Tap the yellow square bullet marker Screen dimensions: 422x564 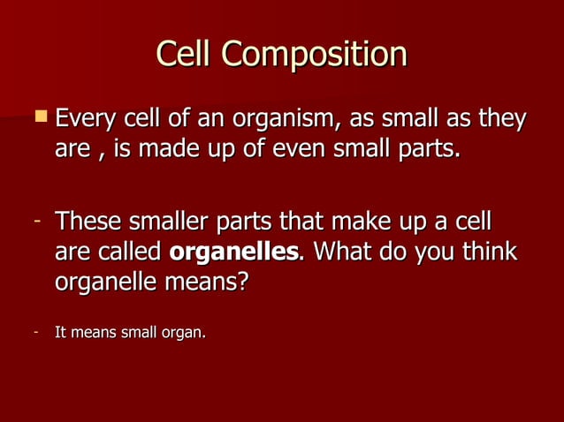click(36, 116)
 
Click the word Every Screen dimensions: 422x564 click(85, 119)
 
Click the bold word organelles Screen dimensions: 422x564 click(233, 252)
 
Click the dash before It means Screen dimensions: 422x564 click(34, 333)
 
